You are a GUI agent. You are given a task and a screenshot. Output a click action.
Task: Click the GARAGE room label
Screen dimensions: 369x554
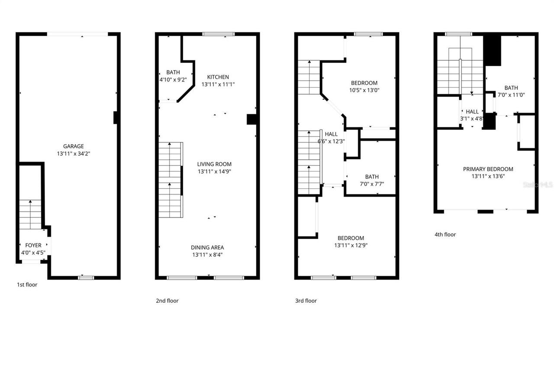coord(73,146)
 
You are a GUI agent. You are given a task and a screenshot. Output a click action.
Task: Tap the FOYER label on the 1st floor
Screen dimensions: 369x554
coord(33,245)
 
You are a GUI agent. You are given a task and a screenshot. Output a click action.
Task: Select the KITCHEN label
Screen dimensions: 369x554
coord(218,77)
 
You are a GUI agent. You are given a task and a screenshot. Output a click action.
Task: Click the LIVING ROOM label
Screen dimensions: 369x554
coord(214,164)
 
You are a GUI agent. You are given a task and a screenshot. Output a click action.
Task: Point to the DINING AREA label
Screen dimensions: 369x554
coord(207,247)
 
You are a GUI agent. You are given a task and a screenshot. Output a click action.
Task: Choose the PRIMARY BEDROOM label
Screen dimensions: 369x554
coord(488,169)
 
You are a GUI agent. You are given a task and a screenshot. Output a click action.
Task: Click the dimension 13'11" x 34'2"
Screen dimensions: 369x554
coord(73,154)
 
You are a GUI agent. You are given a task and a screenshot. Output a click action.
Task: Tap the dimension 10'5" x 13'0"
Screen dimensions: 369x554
coord(364,90)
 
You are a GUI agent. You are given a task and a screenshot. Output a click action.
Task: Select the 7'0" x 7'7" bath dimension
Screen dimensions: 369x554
coord(371,184)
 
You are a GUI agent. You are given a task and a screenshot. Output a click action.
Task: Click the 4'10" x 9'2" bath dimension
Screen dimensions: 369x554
coord(173,80)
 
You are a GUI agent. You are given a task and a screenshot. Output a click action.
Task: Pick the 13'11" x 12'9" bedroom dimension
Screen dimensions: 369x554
coord(351,245)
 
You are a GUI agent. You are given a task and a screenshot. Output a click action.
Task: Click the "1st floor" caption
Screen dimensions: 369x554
coord(27,285)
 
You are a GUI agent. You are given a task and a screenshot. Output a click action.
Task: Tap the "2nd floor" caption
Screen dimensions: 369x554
coord(167,301)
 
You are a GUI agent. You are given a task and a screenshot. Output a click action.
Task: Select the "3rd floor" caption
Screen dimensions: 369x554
coord(306,301)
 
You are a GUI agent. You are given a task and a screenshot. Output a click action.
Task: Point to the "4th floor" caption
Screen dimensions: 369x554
coord(445,234)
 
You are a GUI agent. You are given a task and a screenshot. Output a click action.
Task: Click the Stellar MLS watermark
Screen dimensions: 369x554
coord(538,184)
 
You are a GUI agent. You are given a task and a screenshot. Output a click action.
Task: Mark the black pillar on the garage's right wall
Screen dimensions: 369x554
coord(116,118)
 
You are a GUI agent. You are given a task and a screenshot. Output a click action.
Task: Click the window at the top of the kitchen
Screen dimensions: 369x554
coord(219,34)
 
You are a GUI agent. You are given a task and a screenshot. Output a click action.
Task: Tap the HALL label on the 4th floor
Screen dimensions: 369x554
coord(472,112)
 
